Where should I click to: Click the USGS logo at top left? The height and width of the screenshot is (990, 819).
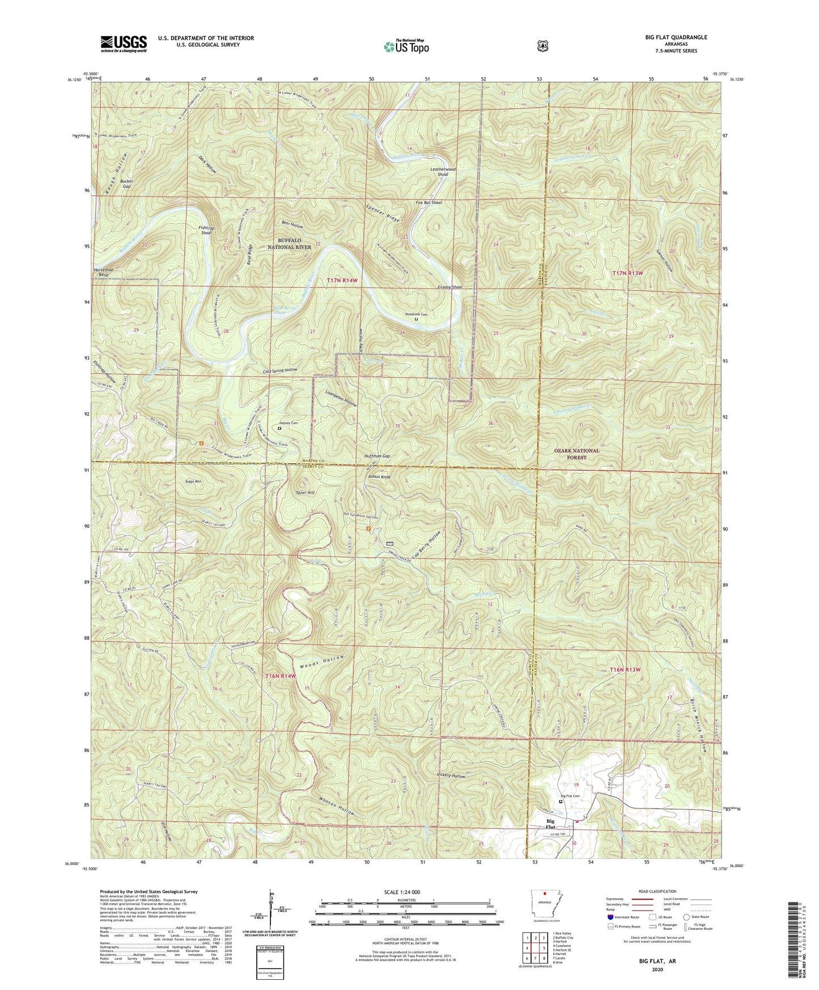tap(124, 43)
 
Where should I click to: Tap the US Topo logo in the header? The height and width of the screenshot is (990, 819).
tap(405, 46)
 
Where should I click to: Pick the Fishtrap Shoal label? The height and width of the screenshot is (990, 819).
tap(206, 230)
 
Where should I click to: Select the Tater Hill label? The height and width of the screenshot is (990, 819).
tap(306, 492)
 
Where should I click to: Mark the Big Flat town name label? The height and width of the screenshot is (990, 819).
tap(550, 823)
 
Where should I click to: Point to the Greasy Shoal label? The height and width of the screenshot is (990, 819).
tap(450, 287)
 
